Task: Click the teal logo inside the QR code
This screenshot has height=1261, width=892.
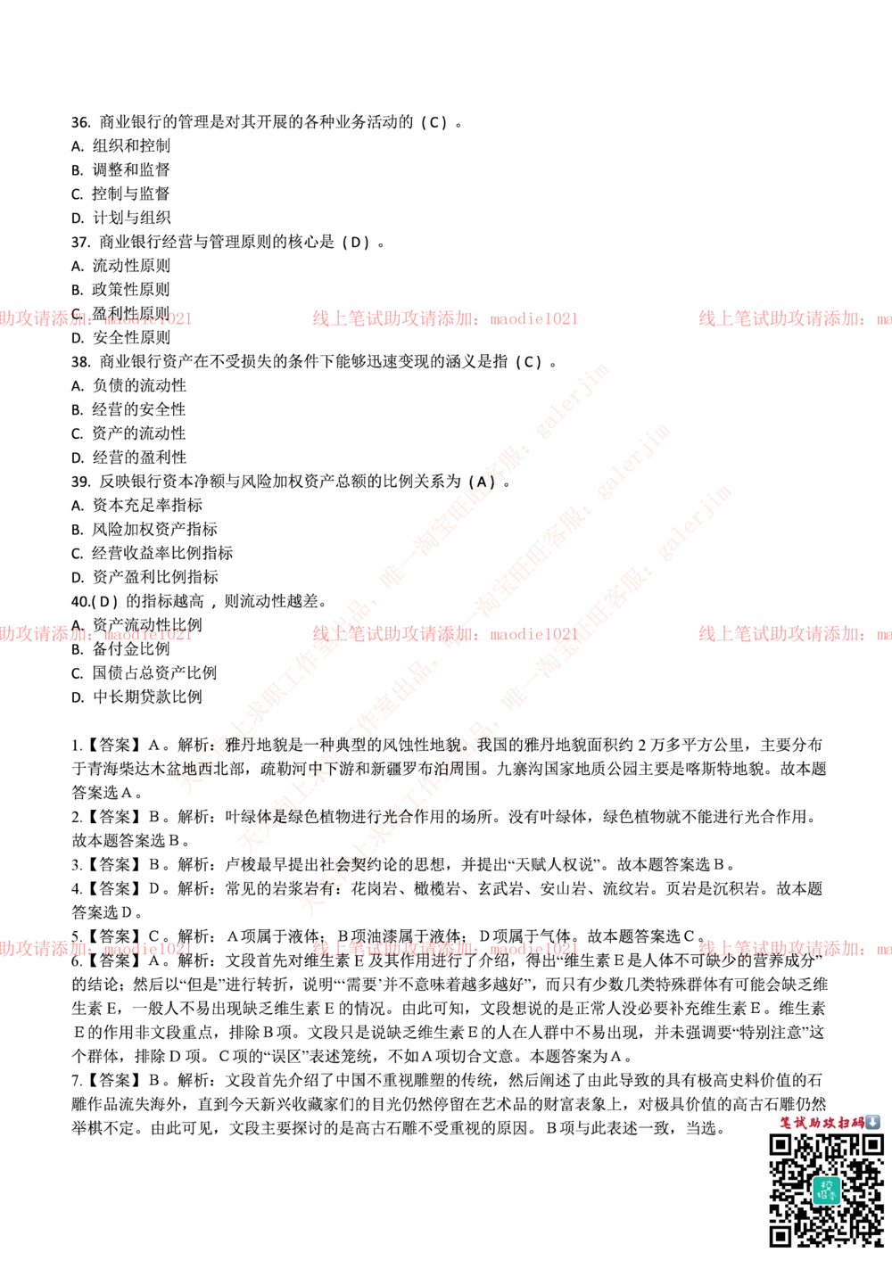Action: click(826, 1191)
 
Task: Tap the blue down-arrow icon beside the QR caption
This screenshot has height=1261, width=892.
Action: click(872, 1122)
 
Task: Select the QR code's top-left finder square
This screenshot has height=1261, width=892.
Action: click(781, 1145)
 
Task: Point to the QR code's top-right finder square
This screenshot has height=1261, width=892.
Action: click(871, 1145)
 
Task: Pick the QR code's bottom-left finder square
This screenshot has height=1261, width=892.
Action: click(781, 1235)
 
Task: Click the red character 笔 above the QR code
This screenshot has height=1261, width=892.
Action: click(786, 1123)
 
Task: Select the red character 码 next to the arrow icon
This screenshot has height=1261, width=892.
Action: click(858, 1123)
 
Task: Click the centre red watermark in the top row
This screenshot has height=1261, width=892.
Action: click(443, 318)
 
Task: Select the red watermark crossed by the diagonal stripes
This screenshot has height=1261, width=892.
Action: click(443, 634)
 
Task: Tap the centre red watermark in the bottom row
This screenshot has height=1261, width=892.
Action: click(443, 949)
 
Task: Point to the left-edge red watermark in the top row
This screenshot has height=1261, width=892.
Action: click(95, 318)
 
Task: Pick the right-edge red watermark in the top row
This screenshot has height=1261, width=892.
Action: click(794, 318)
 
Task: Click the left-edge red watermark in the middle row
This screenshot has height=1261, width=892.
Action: click(95, 634)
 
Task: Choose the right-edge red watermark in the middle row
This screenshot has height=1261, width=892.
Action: click(794, 634)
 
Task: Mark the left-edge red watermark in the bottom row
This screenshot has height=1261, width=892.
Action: click(95, 949)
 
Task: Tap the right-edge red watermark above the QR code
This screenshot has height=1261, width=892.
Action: click(794, 949)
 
